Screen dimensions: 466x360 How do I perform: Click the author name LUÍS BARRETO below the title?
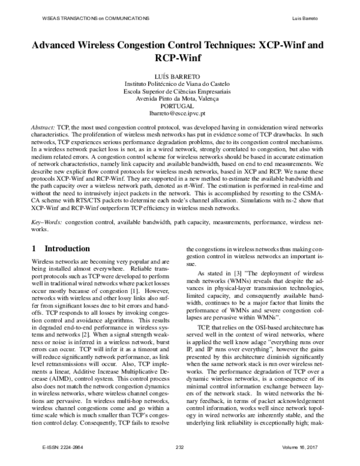pos(180,76)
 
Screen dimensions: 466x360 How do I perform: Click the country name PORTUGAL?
pos(180,106)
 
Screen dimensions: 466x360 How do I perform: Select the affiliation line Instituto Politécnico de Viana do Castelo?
pos(180,83)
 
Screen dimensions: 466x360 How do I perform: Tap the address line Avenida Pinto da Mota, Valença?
pos(180,98)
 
